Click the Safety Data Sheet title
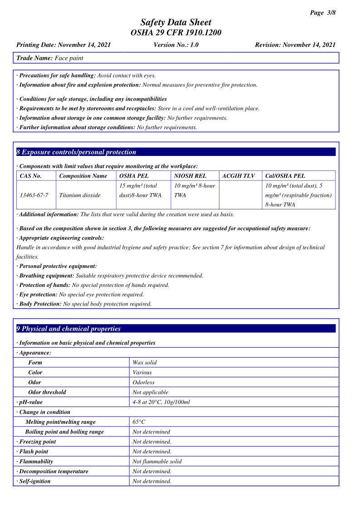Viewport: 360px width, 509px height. (175, 22)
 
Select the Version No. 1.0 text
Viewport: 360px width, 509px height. (176, 45)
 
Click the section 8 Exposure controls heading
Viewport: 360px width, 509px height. (76, 152)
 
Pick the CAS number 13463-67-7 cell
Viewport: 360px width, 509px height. (34, 195)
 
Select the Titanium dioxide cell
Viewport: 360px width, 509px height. (80, 195)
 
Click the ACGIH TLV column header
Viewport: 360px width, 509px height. (238, 176)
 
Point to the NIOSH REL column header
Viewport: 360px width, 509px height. (190, 176)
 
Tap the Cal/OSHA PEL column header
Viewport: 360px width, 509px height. (285, 176)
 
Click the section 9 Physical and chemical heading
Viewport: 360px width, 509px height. (68, 329)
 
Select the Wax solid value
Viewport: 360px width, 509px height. (145, 363)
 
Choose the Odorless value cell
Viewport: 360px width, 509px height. (143, 383)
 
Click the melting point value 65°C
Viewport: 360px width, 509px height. (139, 422)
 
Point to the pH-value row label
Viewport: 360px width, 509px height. (30, 402)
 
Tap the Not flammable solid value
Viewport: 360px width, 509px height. (157, 461)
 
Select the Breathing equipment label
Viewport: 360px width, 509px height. (46, 276)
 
